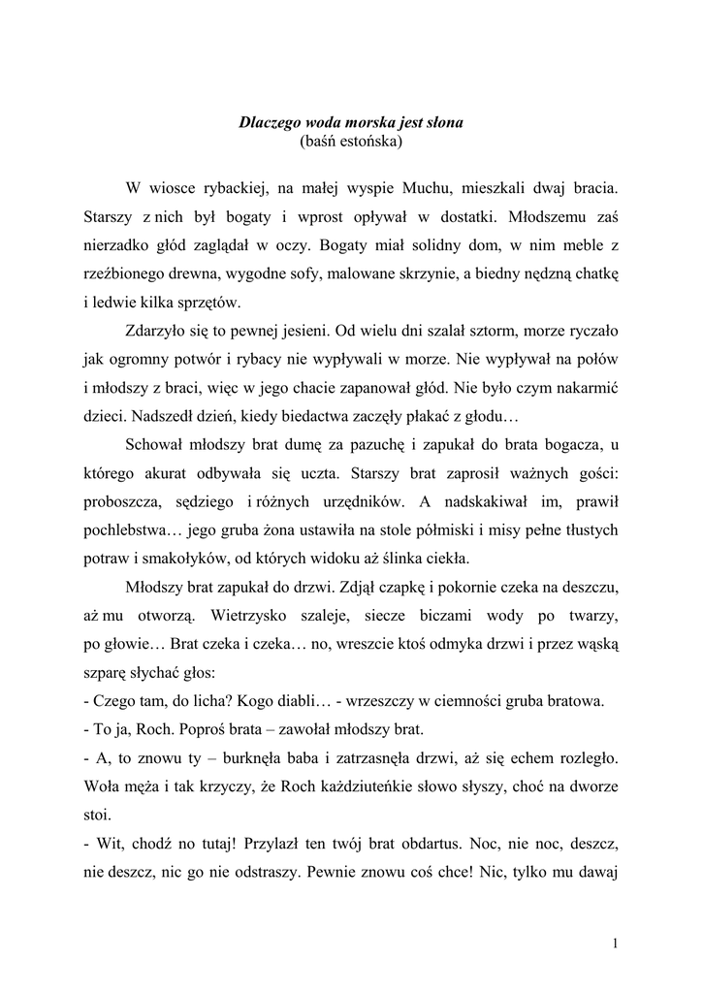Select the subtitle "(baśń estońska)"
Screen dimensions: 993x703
(351, 142)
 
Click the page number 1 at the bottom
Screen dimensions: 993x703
(616, 942)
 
